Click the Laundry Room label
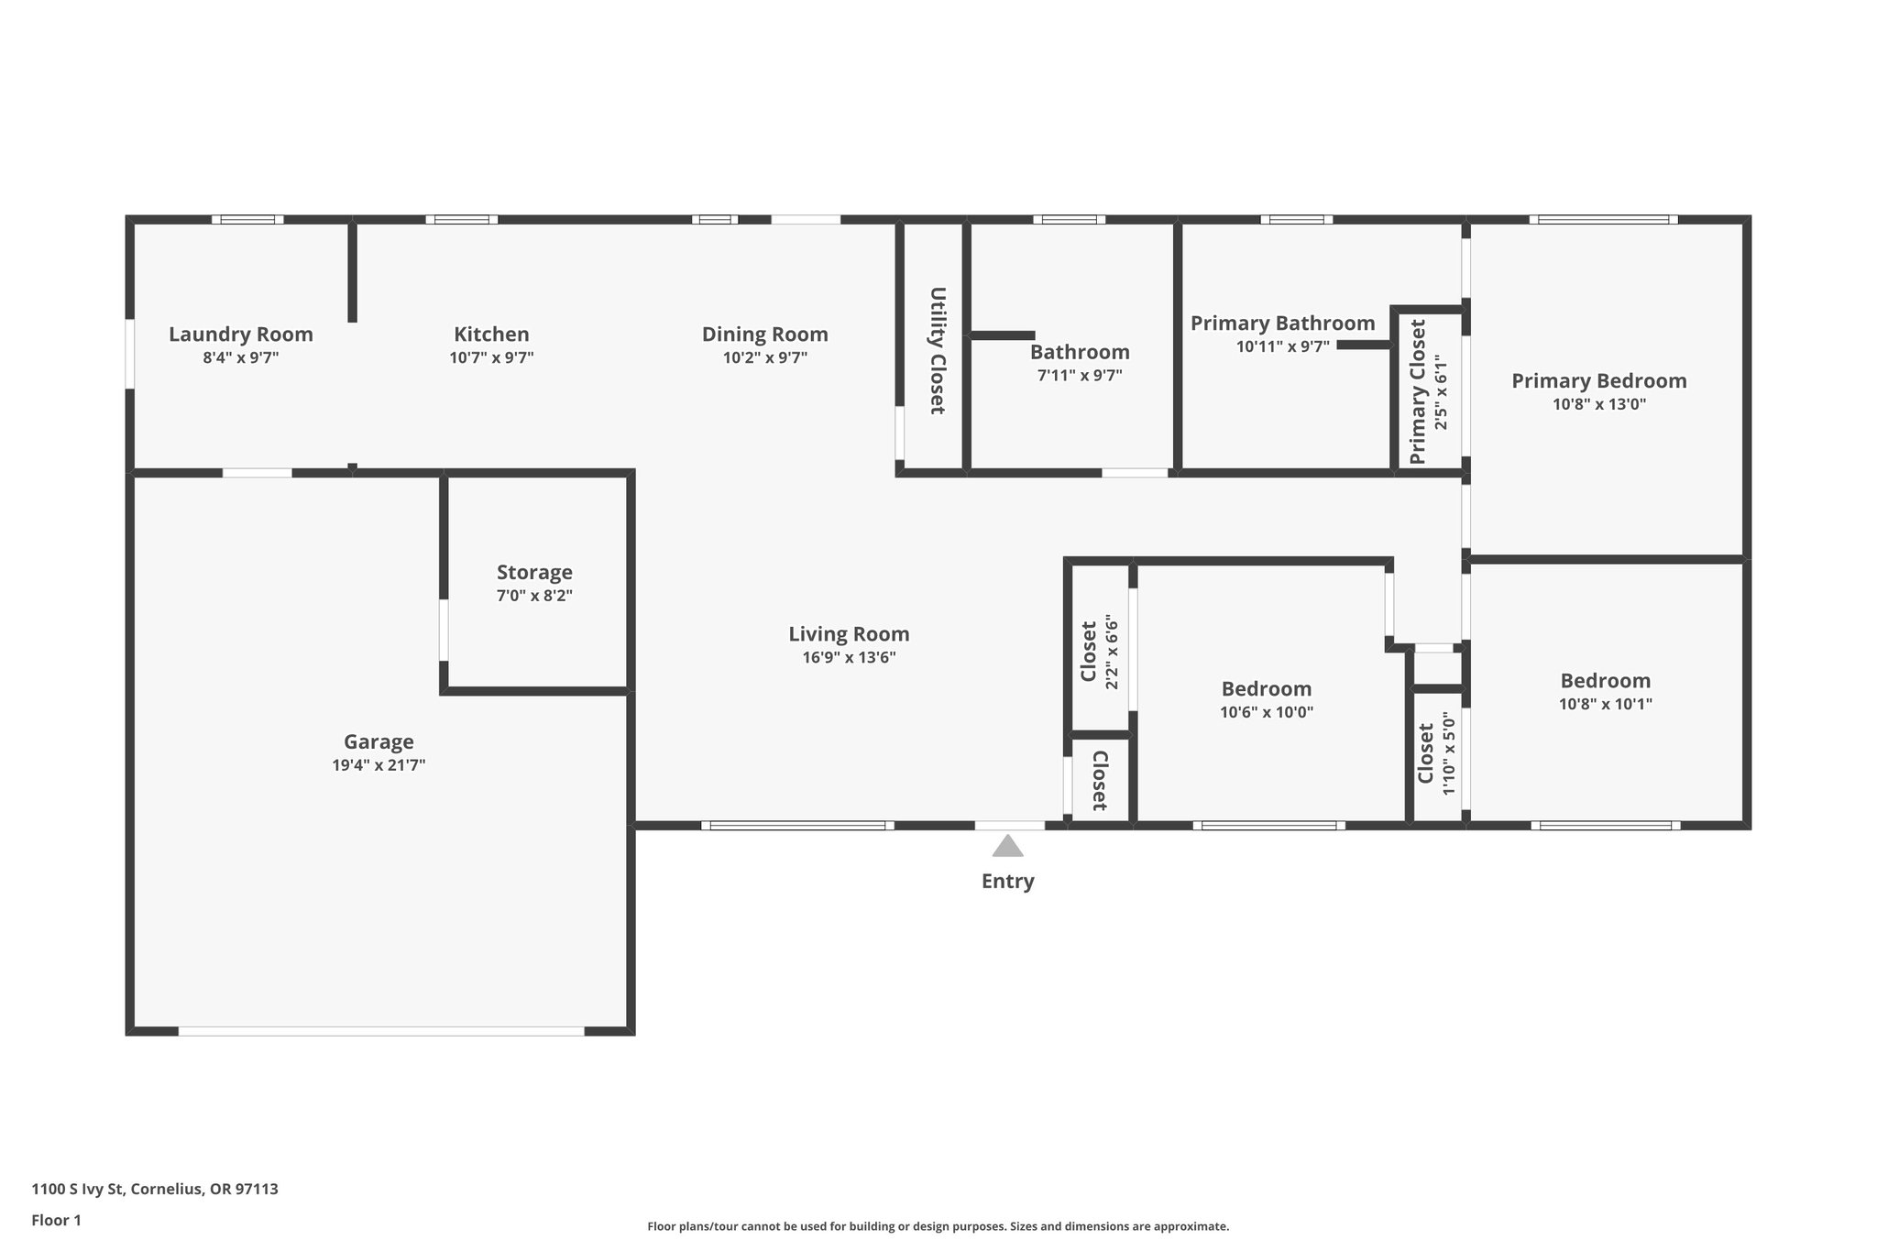[240, 335]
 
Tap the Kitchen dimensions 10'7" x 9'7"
[491, 358]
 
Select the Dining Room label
[764, 335]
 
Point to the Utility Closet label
[937, 351]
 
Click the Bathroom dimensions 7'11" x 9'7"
[1079, 375]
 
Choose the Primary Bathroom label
[1281, 324]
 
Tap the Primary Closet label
[1418, 391]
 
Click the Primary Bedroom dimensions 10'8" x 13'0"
[1598, 404]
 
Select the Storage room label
[534, 573]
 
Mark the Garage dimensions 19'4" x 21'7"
[379, 765]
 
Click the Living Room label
[849, 634]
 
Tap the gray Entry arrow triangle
[1007, 847]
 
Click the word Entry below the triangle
[1007, 882]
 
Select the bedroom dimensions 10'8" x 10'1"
[1605, 705]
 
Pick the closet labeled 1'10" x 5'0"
[1435, 753]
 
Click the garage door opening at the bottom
[380, 1031]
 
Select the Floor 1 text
[56, 1221]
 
